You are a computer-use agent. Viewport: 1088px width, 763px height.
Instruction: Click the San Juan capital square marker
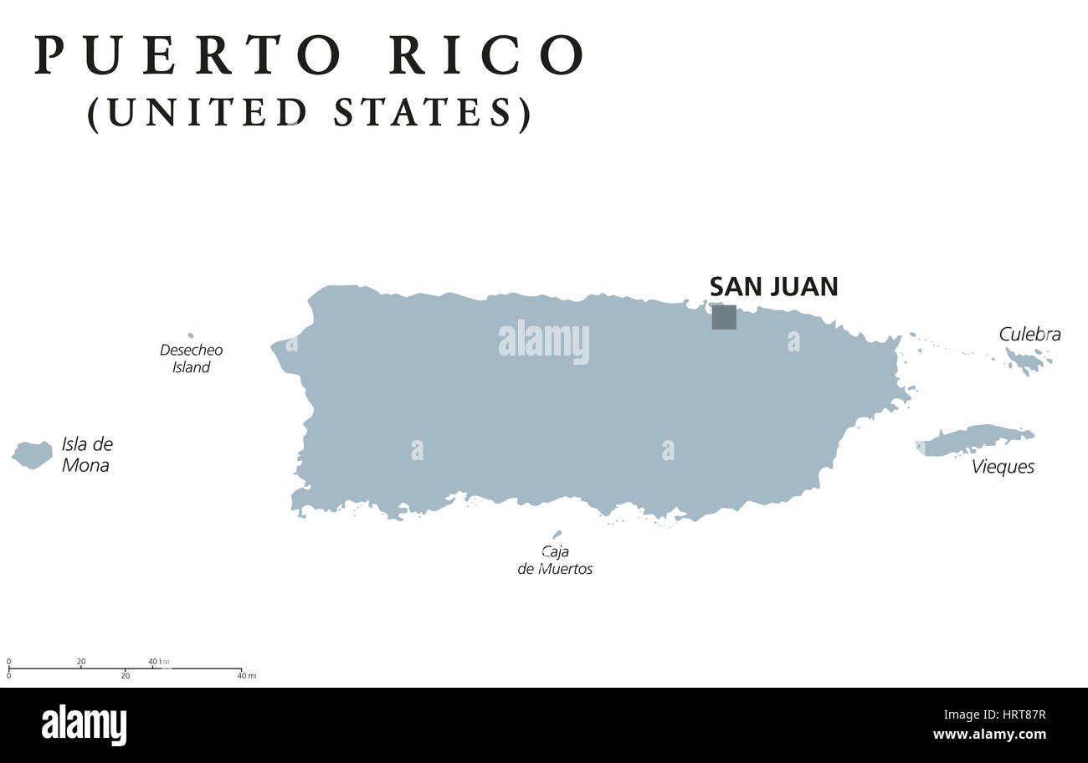[x=724, y=317]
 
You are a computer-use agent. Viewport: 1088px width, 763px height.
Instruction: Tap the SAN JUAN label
[x=773, y=287]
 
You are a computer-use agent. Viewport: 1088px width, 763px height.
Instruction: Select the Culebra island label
[x=1029, y=335]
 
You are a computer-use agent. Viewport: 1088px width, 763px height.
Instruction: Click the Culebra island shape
[x=1025, y=361]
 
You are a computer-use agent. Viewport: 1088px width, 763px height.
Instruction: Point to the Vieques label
[x=1003, y=467]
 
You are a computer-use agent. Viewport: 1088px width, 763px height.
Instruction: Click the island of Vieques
[x=975, y=439]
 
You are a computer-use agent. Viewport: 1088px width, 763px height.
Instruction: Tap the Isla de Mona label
[x=86, y=455]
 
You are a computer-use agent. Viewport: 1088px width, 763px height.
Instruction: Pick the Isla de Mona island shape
[x=32, y=454]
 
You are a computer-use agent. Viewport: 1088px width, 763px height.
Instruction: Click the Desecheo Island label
[x=191, y=359]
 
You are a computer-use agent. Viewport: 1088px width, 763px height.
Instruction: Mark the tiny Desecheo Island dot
[x=191, y=335]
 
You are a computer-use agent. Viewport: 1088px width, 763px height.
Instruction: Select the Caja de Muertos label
[x=555, y=561]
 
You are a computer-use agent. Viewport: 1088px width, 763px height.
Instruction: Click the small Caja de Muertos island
[x=557, y=535]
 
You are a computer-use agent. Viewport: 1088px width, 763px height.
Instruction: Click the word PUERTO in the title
[x=188, y=56]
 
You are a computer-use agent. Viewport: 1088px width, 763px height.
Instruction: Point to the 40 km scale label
[x=159, y=662]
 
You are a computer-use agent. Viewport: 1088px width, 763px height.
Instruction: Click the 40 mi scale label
[x=246, y=675]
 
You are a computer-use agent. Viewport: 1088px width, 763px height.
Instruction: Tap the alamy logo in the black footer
[x=84, y=725]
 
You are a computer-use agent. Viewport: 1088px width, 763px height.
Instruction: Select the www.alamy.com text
[x=989, y=735]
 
